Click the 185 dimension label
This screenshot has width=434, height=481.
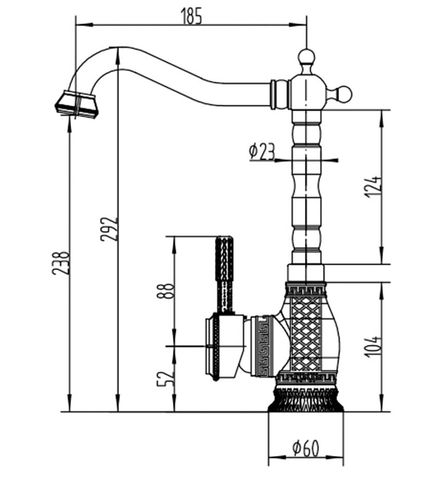[191, 17]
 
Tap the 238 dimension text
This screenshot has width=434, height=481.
[61, 263]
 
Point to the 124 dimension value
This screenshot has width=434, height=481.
[373, 186]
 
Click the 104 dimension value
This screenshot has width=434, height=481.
[373, 347]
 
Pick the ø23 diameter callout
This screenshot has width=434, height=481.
[262, 152]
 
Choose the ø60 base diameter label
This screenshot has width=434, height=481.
[305, 448]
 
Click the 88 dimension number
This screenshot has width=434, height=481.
[165, 292]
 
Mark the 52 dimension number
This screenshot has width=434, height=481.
[165, 378]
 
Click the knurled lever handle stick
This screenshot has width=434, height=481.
[224, 269]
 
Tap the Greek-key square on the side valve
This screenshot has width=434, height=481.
[263, 345]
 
